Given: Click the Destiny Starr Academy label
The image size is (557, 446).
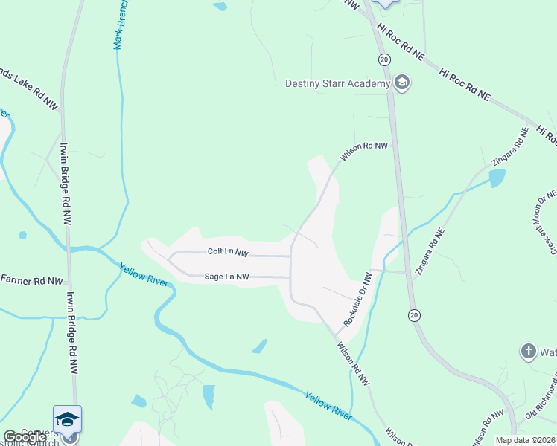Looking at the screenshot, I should coord(337,83).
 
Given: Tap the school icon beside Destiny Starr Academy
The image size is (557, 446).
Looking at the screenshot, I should coord(402,83).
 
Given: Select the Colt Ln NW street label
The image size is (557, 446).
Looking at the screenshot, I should coord(228,253).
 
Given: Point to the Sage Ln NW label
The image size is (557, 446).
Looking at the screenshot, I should coord(226,277).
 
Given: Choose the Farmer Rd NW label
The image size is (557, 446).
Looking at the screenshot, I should coord(31,280).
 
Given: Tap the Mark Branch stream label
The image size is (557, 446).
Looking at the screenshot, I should coord(119,25).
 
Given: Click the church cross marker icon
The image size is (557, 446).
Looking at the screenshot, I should coord(528,351).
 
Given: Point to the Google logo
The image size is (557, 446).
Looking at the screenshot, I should coord(25,437).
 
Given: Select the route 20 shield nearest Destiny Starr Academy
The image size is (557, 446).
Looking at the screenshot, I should coord(383,59).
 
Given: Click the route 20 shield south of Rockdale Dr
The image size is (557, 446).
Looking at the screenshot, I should coord(413,315).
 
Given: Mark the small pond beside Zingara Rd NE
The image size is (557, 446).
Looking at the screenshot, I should coord(497,178).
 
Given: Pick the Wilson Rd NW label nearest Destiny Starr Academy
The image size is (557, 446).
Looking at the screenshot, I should coord(365,152).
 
